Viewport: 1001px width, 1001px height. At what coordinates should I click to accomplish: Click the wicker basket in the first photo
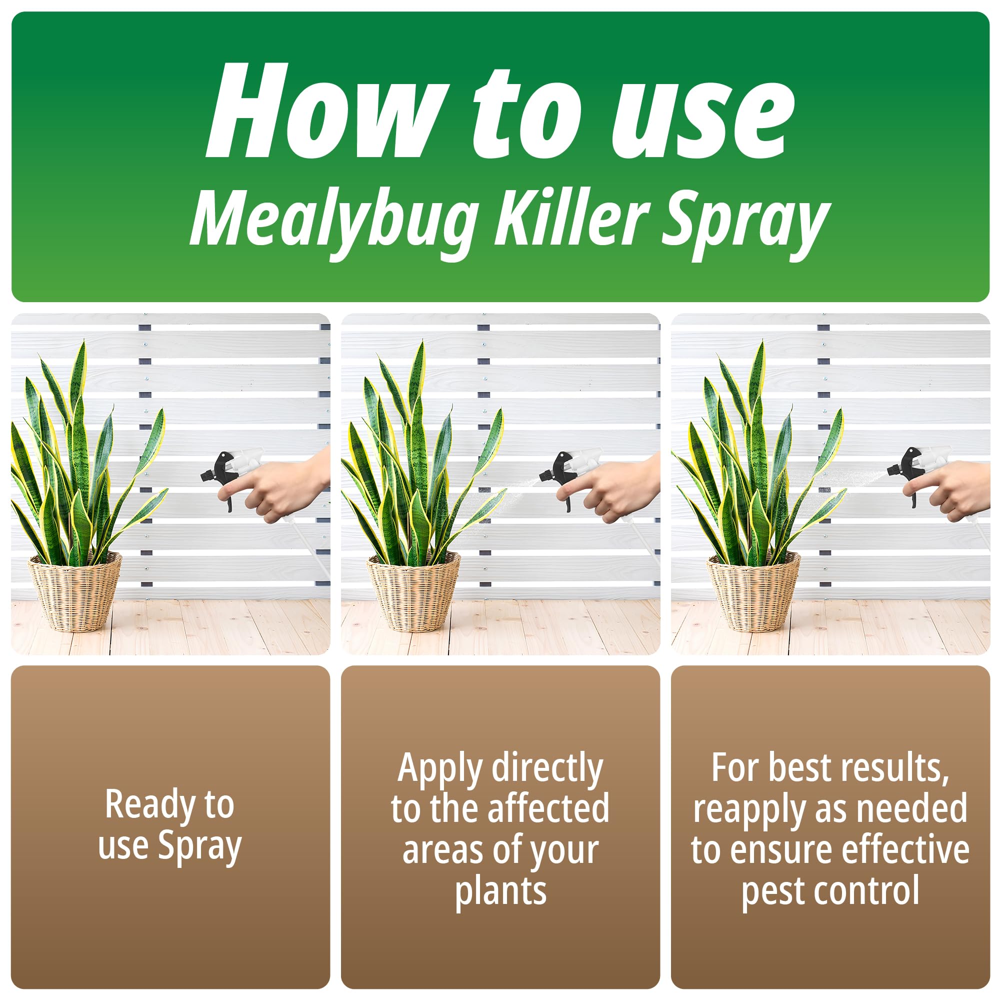74,591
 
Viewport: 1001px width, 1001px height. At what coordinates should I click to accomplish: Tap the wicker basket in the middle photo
413,591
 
